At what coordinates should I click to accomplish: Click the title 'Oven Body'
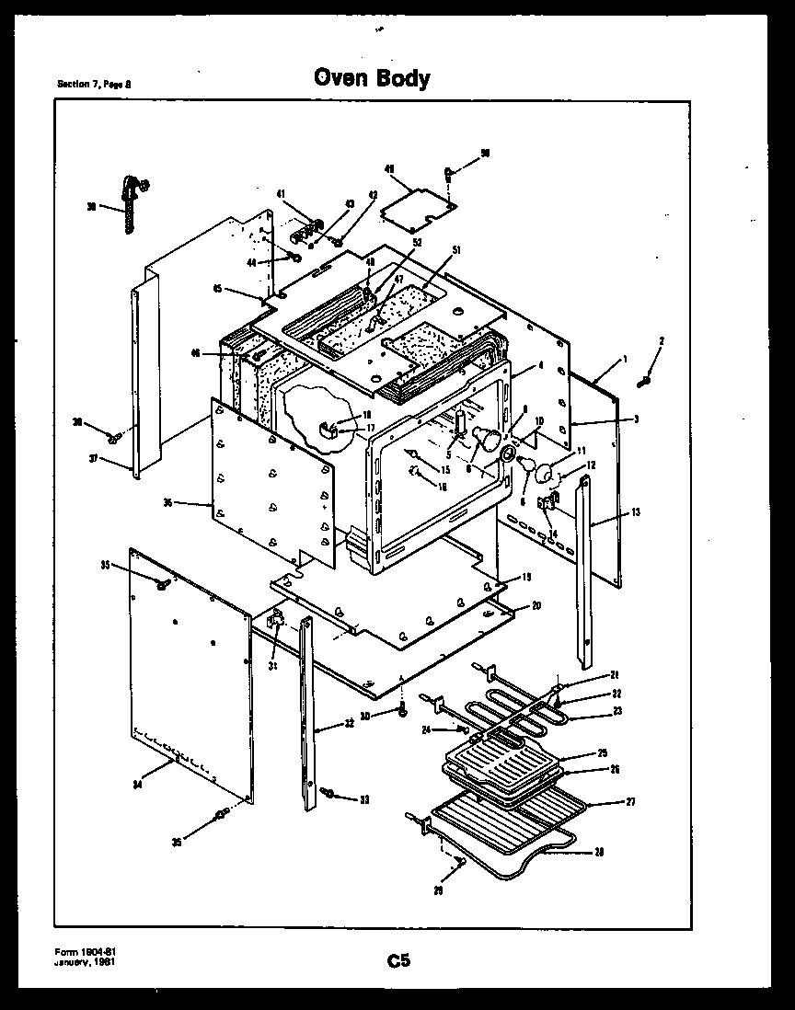point(372,78)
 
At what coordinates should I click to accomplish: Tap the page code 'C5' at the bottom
point(397,961)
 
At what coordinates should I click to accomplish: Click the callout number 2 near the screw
point(662,340)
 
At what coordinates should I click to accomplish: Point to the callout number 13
point(635,511)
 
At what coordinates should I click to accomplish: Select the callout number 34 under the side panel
point(137,784)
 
